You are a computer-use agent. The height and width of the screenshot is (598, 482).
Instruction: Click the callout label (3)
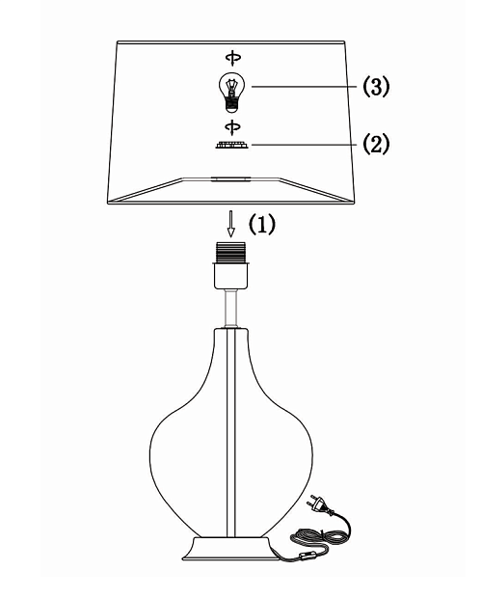(376, 86)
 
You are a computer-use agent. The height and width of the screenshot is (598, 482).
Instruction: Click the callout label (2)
(376, 144)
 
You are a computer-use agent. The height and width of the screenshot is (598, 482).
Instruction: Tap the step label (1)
(262, 224)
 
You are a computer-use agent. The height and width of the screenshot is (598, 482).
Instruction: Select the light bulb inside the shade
(231, 93)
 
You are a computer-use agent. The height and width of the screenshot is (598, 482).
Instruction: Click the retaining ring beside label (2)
(232, 145)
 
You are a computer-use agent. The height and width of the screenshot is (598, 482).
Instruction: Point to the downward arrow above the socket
(230, 224)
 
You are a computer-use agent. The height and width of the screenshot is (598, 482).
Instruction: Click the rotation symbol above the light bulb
(233, 58)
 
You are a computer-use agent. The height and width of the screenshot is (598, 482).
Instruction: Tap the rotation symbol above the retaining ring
(232, 126)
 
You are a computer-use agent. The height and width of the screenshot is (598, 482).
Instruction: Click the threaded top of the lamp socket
(231, 252)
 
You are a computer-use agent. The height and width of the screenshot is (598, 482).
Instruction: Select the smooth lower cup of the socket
(231, 275)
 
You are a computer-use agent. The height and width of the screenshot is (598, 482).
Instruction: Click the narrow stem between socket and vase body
(231, 308)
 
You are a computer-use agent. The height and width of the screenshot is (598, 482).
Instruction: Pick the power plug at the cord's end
(319, 503)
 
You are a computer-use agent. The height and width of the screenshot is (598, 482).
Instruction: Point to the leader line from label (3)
(304, 87)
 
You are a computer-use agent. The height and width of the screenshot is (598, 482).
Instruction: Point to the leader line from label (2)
(304, 145)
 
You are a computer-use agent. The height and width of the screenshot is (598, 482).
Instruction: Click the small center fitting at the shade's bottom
(231, 178)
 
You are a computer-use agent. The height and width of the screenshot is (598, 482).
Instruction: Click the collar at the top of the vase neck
(231, 330)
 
